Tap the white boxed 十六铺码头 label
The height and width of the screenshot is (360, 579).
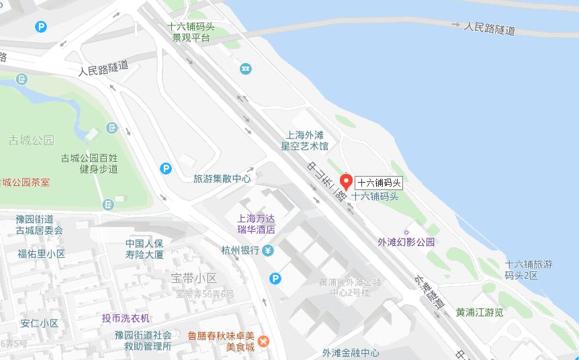pyautogui.click(x=379, y=182)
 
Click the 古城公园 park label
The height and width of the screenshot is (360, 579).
pyautogui.click(x=31, y=140)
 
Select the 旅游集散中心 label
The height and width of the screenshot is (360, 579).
pyautogui.click(x=222, y=179)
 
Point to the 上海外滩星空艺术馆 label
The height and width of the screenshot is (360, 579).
pyautogui.click(x=305, y=140)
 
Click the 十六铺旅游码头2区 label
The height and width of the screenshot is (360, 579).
pyautogui.click(x=531, y=270)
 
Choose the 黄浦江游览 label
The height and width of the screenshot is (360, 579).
pyautogui.click(x=480, y=312)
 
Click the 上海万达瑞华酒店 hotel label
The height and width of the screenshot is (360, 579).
pyautogui.click(x=257, y=224)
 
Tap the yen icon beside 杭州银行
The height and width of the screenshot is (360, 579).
pyautogui.click(x=268, y=251)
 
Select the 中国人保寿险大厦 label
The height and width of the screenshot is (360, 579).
pyautogui.click(x=144, y=249)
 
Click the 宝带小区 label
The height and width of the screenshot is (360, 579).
pyautogui.click(x=194, y=278)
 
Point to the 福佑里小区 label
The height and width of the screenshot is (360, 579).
pyautogui.click(x=42, y=254)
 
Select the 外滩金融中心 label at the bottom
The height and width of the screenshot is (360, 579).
pyautogui.click(x=350, y=353)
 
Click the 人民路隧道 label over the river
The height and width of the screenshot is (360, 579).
pyautogui.click(x=490, y=28)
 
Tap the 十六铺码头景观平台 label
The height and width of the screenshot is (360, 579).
pyautogui.click(x=191, y=32)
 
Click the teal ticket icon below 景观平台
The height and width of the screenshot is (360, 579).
pyautogui.click(x=246, y=69)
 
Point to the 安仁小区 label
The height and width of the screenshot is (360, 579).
pyautogui.click(x=40, y=323)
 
